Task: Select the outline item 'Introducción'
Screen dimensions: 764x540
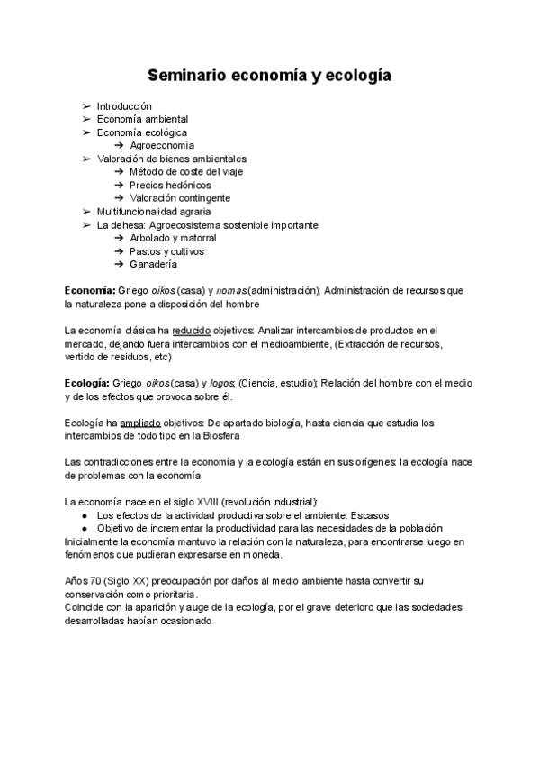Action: point(124,106)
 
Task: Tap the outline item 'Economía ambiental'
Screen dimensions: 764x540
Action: point(142,119)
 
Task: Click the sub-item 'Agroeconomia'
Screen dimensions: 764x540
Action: point(162,145)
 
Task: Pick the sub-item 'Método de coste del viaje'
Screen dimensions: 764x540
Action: point(186,171)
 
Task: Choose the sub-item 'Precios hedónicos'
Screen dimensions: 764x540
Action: point(171,185)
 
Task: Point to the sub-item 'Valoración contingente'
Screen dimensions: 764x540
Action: point(180,198)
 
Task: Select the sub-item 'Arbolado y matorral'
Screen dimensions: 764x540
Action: point(173,238)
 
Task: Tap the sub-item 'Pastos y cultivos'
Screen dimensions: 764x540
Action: point(166,251)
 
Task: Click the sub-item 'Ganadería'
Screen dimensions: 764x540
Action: point(153,265)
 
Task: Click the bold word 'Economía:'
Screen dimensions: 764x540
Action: point(90,291)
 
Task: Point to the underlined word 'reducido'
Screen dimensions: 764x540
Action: point(191,331)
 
